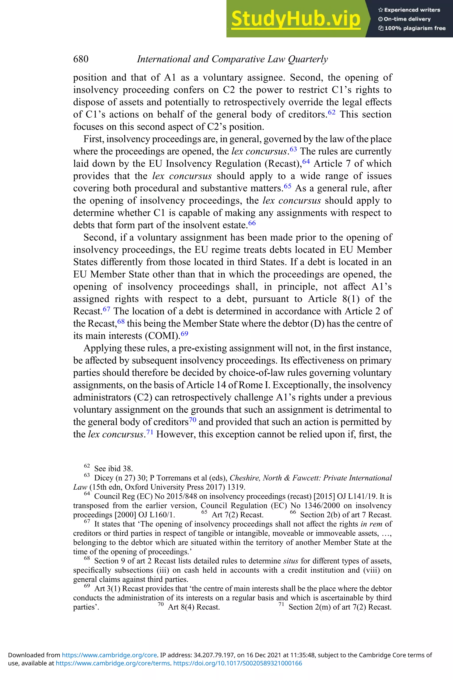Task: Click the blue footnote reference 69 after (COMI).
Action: (x=184, y=334)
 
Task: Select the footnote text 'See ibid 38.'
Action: (x=113, y=469)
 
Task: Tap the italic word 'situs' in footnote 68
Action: (x=290, y=561)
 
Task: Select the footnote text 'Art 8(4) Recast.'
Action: (x=194, y=607)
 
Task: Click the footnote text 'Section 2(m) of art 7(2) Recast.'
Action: (x=340, y=607)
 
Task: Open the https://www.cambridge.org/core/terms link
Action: (x=113, y=663)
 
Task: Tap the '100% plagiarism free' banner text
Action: (x=415, y=28)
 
